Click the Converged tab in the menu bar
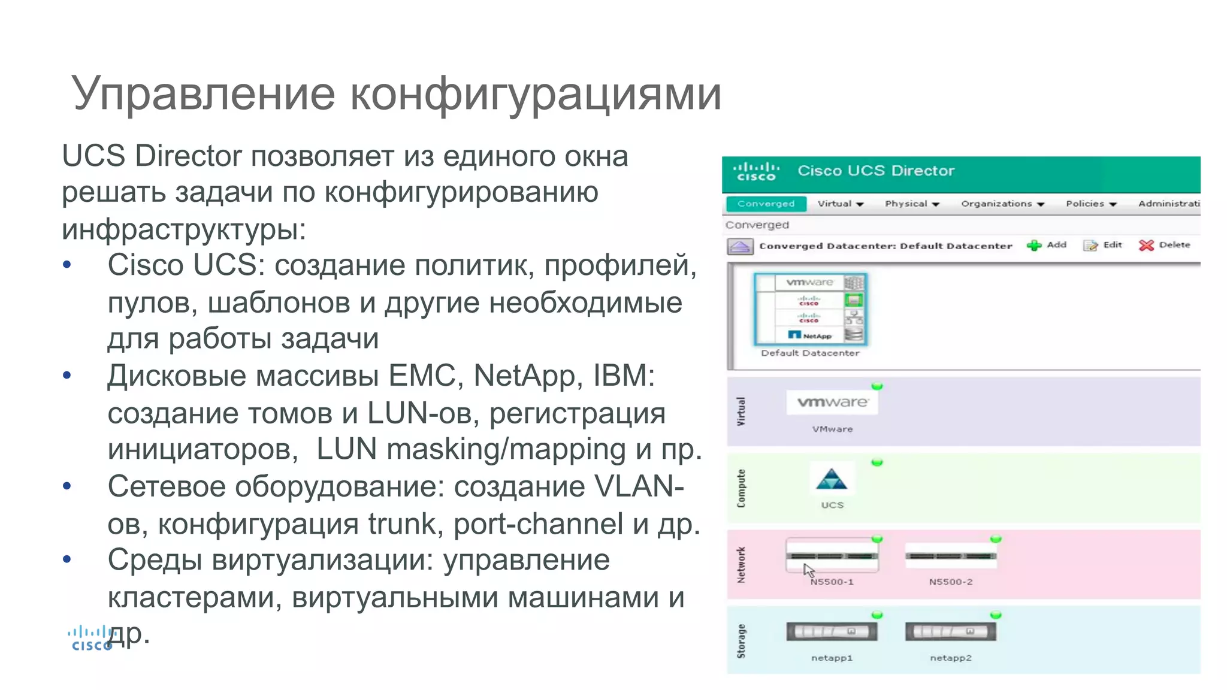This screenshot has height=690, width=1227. [766, 204]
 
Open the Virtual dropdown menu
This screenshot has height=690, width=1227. [840, 204]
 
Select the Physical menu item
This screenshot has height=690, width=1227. [911, 204]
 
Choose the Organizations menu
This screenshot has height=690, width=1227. [1002, 204]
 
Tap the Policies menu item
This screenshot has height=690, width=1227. [1090, 204]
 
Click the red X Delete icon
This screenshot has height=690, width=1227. [1146, 245]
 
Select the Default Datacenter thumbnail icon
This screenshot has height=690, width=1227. [810, 309]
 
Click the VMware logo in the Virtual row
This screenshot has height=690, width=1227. [832, 402]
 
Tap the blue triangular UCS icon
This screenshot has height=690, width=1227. [832, 480]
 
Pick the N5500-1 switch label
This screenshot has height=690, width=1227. [832, 582]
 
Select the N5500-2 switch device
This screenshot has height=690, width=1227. [950, 556]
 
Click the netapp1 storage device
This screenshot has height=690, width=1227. [832, 632]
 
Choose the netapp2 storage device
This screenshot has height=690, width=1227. [950, 632]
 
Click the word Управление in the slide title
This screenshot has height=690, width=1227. [203, 94]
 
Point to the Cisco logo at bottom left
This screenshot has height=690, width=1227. [90, 638]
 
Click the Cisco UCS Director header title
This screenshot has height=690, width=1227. [875, 171]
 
